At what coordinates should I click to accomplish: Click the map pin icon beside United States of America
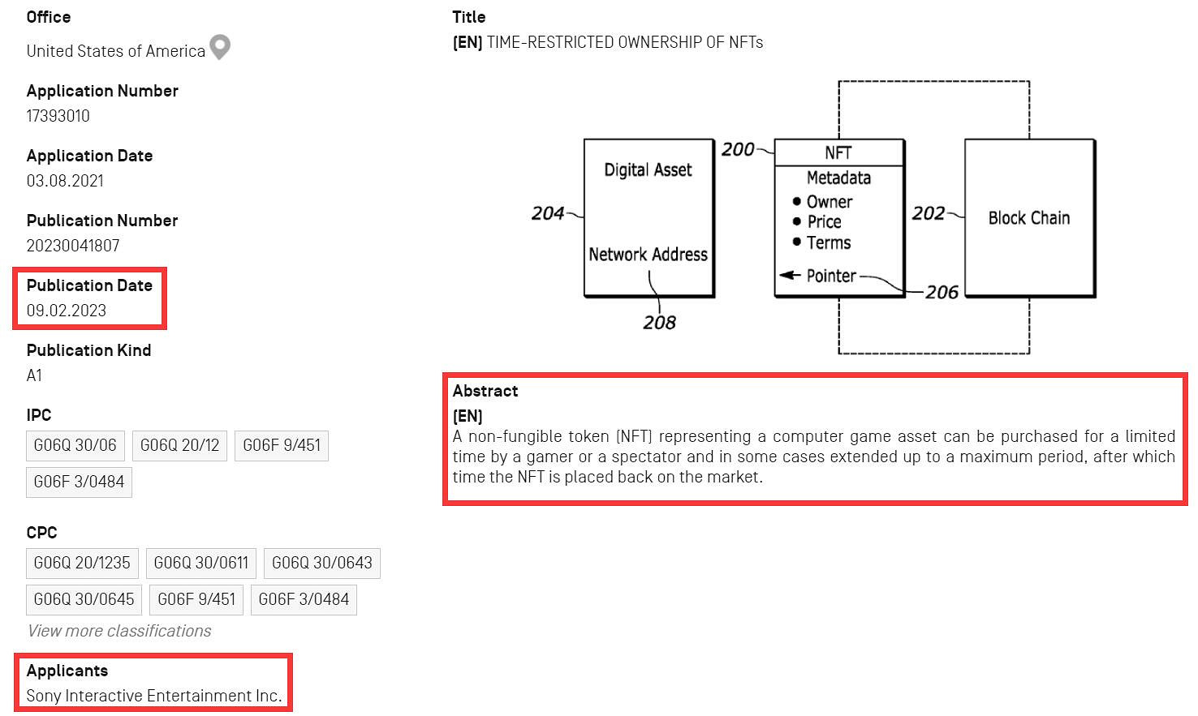[220, 47]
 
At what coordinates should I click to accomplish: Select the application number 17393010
[58, 116]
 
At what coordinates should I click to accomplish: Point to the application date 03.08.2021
[65, 181]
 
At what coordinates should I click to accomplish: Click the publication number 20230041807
[73, 246]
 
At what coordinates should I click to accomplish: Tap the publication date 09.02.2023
[67, 311]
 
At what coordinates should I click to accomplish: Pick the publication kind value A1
[34, 375]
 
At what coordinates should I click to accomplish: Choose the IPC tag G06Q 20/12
[179, 445]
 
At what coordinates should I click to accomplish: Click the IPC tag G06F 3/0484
[79, 482]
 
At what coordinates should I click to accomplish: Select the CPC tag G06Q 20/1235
[82, 563]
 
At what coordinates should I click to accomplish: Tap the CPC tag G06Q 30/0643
[321, 563]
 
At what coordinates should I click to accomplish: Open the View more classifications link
[119, 631]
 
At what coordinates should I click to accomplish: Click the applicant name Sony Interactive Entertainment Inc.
[154, 696]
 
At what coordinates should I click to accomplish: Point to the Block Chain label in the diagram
[1029, 218]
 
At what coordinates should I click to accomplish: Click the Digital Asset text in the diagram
[648, 170]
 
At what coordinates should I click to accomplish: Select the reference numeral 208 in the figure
[659, 323]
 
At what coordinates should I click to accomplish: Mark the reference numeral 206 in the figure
[942, 292]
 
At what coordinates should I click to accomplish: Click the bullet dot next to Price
[797, 221]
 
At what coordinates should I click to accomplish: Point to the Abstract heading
[485, 391]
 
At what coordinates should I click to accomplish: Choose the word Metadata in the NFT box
[838, 178]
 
